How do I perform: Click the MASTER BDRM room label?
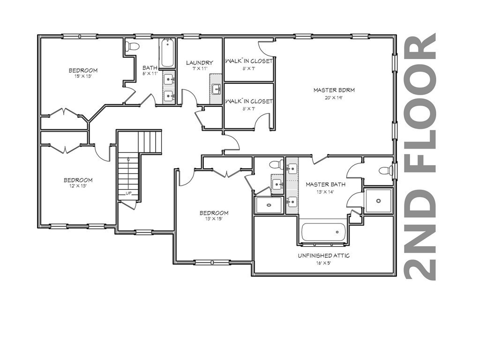334,90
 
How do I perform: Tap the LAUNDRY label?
200,63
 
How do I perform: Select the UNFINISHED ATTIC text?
324,255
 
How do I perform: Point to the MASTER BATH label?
326,184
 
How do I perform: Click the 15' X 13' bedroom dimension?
83,76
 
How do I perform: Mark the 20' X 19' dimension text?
334,98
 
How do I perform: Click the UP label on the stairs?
128,193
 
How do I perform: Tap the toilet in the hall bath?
132,46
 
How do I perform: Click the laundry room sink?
216,90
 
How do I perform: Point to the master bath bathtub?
323,232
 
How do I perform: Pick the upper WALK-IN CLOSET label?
249,61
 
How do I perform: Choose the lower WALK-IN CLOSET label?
249,101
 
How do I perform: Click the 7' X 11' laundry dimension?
200,69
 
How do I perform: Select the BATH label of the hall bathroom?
150,67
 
